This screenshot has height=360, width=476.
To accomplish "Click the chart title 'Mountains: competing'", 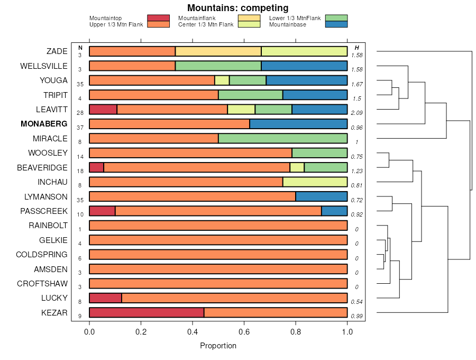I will (237, 8).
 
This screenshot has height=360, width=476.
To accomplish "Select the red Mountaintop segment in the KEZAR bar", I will (147, 312).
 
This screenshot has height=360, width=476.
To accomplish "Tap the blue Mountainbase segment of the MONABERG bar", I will (298, 124).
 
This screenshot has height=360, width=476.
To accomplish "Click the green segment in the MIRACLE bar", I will (282, 139).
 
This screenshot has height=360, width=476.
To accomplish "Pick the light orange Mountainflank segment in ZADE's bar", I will (218, 51).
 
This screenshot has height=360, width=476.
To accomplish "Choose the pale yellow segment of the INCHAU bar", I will (315, 182).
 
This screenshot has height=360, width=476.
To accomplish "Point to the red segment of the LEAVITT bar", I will (103, 110).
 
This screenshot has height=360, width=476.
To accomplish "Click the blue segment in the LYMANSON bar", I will (321, 196).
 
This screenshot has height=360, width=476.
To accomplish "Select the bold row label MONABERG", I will (44, 124).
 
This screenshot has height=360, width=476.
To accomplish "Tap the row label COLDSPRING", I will (42, 255).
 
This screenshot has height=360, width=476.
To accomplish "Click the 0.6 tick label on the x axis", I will (244, 332).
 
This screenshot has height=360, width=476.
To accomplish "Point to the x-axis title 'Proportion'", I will (218, 346).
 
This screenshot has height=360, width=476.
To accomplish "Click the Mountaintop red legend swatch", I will (158, 18).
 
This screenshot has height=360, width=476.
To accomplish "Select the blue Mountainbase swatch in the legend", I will (336, 24).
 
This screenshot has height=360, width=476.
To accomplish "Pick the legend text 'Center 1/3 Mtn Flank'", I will (206, 24).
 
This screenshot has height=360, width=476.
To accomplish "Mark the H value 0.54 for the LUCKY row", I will (356, 301).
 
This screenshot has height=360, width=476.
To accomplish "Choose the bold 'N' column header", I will (80, 48).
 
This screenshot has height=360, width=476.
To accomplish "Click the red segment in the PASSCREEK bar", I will (102, 211).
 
